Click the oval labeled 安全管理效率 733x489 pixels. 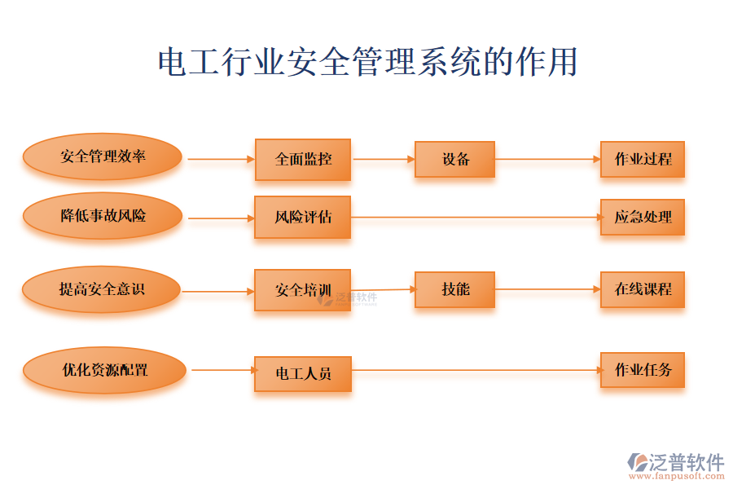coord(102,157)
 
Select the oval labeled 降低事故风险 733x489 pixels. coord(102,216)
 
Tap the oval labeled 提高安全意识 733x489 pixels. coord(101,289)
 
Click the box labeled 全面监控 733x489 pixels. coord(303,160)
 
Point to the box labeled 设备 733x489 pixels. coord(454,160)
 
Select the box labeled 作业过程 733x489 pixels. coord(643,160)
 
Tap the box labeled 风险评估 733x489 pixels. coord(302,218)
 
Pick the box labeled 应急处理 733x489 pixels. coord(643,218)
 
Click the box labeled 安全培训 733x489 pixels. coord(302,290)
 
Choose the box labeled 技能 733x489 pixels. coord(454,289)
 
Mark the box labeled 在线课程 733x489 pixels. coord(643,289)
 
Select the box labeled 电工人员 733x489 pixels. coord(302,374)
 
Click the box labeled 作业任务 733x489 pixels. coord(643,371)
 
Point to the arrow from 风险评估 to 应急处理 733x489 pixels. coord(476,218)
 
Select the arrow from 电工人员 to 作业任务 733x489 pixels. coord(476,371)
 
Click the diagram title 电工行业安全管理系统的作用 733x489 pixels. coord(367,63)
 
